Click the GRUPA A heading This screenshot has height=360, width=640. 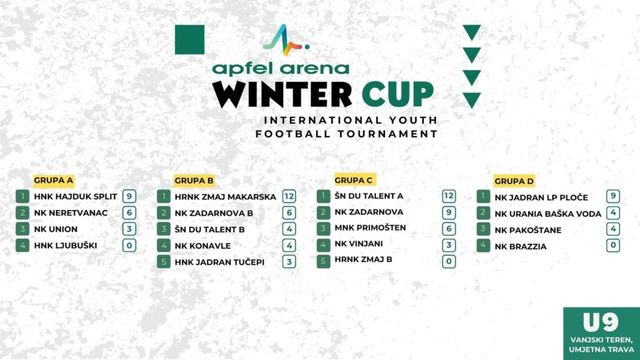(54, 181)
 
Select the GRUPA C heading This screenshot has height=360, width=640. (354, 180)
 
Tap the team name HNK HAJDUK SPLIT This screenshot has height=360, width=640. (76, 196)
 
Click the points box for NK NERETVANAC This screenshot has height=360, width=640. (129, 212)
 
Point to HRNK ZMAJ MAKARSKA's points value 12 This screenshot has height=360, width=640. (289, 196)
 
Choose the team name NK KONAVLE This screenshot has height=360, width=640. (202, 246)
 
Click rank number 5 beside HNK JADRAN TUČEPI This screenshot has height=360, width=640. (164, 262)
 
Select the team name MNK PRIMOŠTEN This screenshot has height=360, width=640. (370, 227)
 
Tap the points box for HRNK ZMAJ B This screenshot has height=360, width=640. (449, 261)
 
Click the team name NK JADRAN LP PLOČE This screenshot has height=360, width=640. (541, 197)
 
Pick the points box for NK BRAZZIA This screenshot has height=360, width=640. (613, 245)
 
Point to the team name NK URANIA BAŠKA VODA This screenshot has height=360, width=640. (547, 214)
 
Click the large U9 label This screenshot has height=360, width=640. (601, 322)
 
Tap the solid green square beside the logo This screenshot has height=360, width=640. (190, 39)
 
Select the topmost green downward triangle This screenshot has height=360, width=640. (472, 32)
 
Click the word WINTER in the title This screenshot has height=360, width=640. (282, 94)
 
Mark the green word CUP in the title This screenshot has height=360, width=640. (397, 94)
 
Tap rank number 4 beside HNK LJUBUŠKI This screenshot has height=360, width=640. (22, 245)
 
